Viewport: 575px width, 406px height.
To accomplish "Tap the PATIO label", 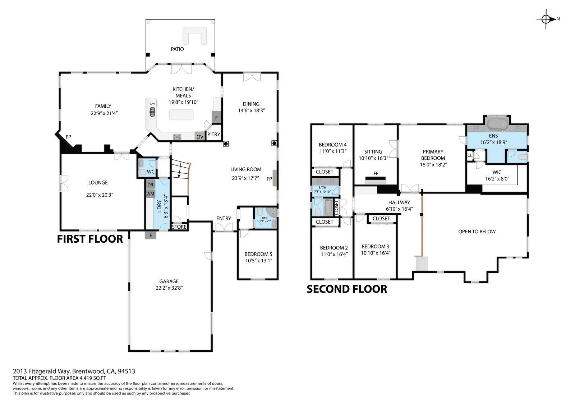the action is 178,49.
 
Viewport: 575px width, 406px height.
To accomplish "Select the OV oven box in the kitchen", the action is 200,137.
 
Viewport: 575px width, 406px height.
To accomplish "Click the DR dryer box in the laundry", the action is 151,185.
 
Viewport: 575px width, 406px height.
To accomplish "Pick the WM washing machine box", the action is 151,193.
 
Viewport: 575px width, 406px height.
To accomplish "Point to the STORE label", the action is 179,227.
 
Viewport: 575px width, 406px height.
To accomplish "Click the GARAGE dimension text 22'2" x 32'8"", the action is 169,288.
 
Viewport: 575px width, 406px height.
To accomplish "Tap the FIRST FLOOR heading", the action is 90,239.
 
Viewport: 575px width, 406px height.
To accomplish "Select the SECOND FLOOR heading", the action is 347,289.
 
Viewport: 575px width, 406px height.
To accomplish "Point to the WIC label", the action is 497,172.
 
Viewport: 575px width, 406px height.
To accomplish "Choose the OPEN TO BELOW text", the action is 477,232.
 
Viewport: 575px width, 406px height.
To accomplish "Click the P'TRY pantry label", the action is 213,134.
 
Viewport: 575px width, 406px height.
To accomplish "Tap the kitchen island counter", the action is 181,115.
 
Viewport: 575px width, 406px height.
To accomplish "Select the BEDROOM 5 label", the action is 258,254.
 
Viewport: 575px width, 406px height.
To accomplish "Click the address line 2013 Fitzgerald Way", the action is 74,371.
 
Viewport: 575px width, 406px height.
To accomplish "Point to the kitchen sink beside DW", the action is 152,112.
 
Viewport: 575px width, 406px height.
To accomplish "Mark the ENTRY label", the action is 224,218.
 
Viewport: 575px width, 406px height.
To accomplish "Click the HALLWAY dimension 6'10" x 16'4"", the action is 399,209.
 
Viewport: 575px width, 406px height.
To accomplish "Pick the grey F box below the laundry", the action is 151,235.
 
